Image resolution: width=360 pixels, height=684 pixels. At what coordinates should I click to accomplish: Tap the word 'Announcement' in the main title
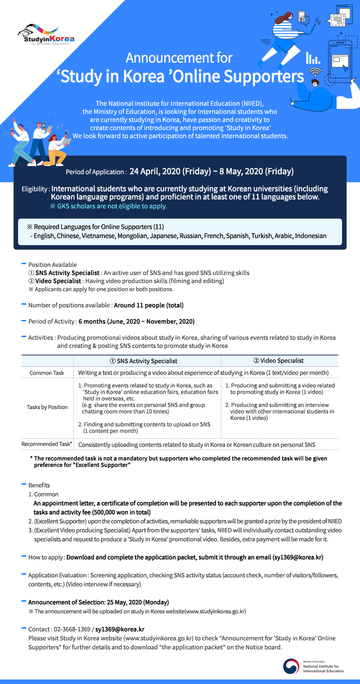tap(179, 58)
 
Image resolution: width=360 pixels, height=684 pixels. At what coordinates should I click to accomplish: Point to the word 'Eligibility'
tap(35, 189)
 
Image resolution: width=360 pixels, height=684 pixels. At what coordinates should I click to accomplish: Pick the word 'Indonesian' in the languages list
tap(310, 236)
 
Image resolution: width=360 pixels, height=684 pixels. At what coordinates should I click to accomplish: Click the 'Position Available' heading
tap(52, 265)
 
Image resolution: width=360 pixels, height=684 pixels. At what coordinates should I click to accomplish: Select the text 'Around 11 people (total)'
tap(148, 305)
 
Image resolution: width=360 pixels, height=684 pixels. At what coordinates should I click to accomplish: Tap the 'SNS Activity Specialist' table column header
tap(147, 361)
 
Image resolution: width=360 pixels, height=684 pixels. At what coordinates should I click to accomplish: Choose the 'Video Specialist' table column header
tap(279, 360)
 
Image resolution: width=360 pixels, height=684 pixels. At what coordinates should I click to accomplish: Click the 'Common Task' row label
tap(47, 373)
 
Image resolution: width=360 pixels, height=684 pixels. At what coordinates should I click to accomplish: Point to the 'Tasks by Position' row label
tap(47, 407)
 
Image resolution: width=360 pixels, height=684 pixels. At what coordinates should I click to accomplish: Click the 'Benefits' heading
tap(39, 485)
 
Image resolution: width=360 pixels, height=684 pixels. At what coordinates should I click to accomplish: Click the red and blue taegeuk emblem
tap(291, 666)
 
